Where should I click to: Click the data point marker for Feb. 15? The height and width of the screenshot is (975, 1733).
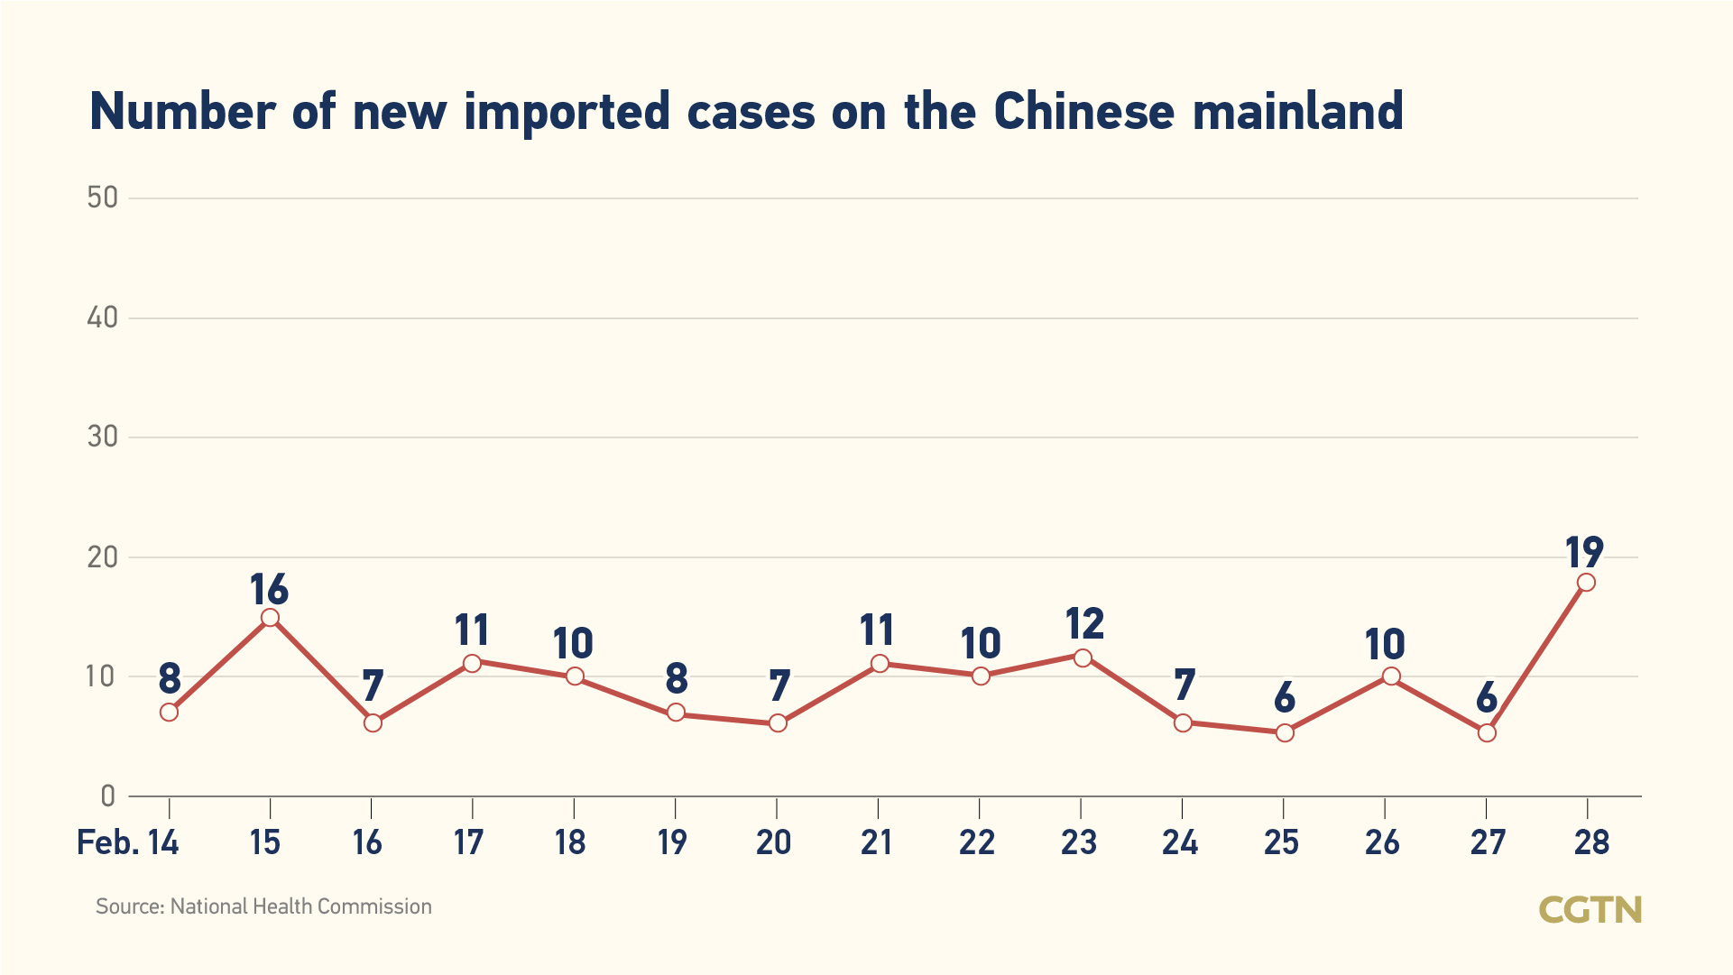(x=270, y=618)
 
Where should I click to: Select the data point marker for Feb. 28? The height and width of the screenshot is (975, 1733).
(x=1586, y=583)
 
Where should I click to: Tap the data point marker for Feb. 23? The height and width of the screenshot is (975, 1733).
(x=1083, y=658)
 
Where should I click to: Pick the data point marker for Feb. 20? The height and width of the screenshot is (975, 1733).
(x=778, y=723)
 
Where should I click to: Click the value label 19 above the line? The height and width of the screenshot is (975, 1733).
(x=1584, y=552)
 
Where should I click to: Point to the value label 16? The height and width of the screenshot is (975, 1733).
(x=269, y=590)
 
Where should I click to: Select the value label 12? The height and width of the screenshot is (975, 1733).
(x=1083, y=624)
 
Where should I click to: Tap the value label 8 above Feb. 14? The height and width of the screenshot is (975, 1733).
(x=170, y=678)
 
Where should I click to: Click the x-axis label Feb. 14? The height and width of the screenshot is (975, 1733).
(x=128, y=842)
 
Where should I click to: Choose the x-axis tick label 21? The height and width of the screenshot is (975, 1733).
(x=876, y=842)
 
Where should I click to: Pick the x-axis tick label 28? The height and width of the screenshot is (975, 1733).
(x=1591, y=842)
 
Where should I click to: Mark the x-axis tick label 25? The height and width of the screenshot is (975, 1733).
(x=1281, y=842)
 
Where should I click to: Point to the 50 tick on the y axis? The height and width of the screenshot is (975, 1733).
(x=103, y=198)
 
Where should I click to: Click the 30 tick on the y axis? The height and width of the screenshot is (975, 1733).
(x=103, y=437)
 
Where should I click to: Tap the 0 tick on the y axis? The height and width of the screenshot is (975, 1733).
(x=108, y=796)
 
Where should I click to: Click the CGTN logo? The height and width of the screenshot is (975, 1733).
(x=1590, y=909)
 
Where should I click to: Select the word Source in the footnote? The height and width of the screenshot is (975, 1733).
(x=129, y=906)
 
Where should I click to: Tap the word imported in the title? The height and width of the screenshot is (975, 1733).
(x=567, y=112)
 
